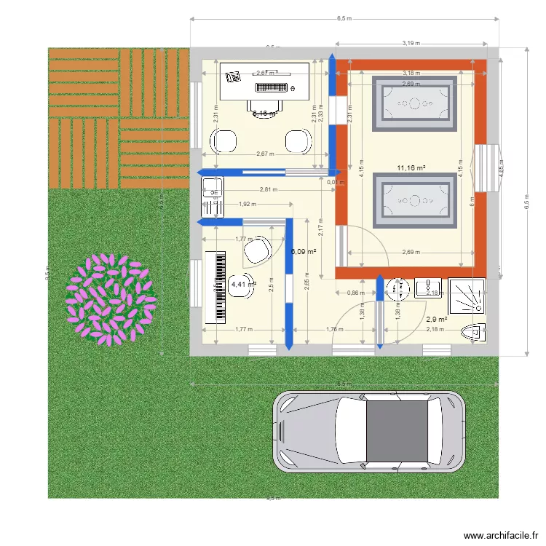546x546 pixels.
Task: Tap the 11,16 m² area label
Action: click(x=411, y=168)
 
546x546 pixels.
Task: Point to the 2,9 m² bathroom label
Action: click(x=436, y=319)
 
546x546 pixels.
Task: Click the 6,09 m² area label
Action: click(x=304, y=251)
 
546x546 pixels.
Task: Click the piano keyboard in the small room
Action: click(x=218, y=287)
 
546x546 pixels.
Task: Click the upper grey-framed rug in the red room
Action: click(x=411, y=103)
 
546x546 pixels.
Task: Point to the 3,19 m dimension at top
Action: click(x=411, y=43)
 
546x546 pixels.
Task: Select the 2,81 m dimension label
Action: click(x=269, y=190)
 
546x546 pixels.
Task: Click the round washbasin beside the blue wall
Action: click(x=397, y=289)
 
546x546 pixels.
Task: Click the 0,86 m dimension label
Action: click(x=355, y=293)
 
